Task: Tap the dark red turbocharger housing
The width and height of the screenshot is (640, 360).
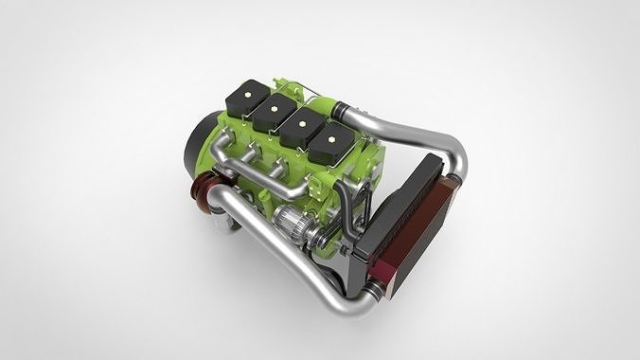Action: tap(203, 189)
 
